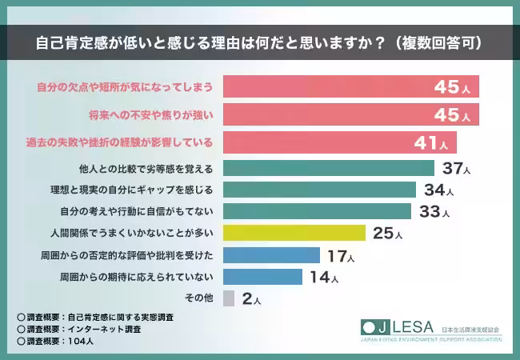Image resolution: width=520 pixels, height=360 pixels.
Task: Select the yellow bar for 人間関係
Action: point(294,234)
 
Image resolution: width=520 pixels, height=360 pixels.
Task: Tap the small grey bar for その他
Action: point(229,298)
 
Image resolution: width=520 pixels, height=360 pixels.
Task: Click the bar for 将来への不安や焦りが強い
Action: point(350,115)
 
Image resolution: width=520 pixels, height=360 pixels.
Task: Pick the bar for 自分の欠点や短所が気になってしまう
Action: point(350,86)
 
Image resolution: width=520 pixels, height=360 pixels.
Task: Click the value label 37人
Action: point(456,168)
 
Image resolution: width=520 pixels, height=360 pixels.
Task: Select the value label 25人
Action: point(387,234)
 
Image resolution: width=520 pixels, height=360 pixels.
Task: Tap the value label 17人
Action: point(339,256)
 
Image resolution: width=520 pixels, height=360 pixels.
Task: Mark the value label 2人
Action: point(250,299)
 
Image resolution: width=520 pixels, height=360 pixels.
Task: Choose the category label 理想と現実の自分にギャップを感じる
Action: point(130,190)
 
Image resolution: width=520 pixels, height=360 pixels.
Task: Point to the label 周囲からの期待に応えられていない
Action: point(135,277)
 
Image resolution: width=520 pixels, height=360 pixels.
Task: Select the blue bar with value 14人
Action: point(262,277)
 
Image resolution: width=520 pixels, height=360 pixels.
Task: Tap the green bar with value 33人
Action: point(317,211)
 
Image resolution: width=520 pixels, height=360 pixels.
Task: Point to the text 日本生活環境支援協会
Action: point(471,329)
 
